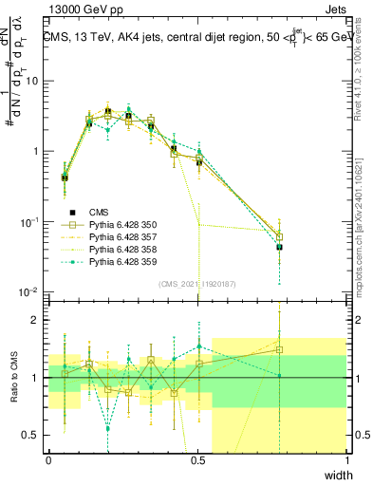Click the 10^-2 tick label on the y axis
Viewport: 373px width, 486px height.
[28, 292]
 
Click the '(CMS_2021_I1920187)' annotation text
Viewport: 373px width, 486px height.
[196, 283]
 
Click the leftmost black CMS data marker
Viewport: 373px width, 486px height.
[64, 178]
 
